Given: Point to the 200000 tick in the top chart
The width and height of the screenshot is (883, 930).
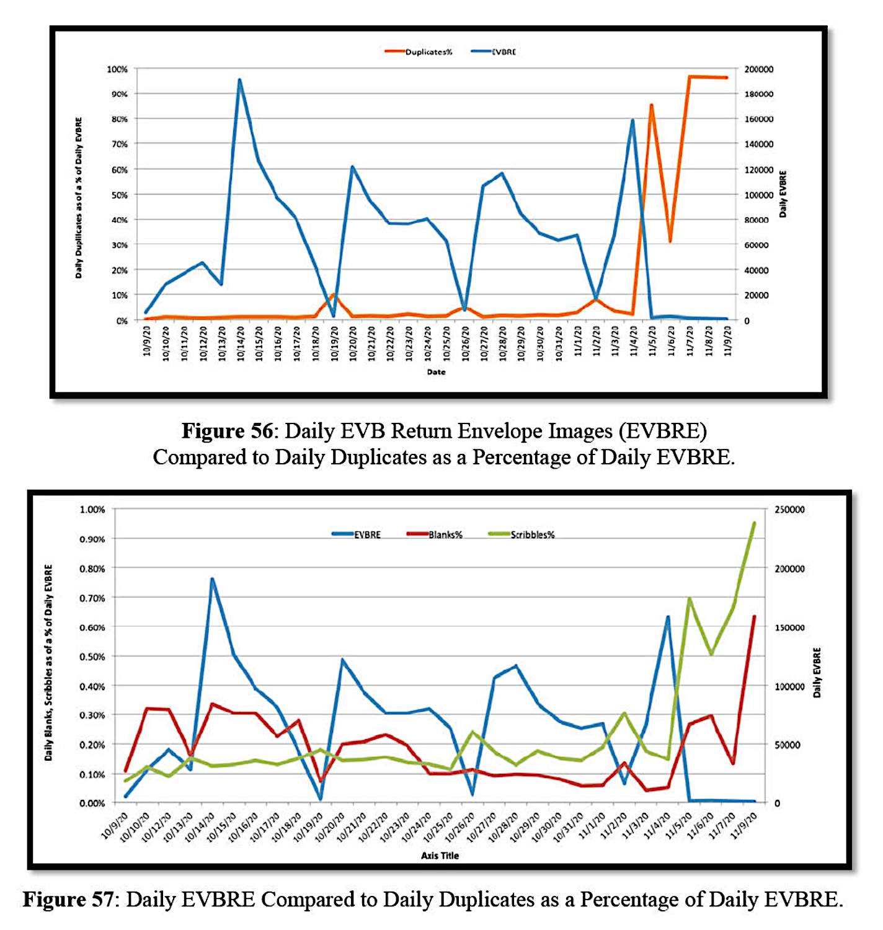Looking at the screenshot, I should (758, 69).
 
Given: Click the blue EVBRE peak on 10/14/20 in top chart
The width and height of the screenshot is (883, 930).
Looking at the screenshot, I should (239, 80).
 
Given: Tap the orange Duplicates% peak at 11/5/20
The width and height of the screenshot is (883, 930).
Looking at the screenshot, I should (651, 105).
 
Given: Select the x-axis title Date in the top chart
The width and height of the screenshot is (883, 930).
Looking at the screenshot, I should (436, 372).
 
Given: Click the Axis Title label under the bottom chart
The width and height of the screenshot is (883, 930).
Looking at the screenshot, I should (440, 856).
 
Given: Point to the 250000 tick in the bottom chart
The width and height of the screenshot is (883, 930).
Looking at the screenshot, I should (789, 510).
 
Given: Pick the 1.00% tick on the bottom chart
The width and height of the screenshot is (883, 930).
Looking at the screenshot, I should (92, 510).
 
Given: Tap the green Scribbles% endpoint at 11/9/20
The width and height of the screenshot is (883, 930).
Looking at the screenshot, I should (754, 523).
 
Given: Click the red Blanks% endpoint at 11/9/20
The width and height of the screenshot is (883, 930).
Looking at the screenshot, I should (754, 617).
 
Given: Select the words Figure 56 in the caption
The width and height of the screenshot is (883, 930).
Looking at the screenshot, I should (227, 431).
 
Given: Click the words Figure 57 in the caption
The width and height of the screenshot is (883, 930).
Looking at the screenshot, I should (68, 899).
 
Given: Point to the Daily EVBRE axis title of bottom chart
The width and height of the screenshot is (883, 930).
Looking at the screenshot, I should (817, 673).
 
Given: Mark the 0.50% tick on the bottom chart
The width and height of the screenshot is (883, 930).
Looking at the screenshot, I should (92, 657).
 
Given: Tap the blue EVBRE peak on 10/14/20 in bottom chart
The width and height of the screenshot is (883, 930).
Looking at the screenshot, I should (212, 579).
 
